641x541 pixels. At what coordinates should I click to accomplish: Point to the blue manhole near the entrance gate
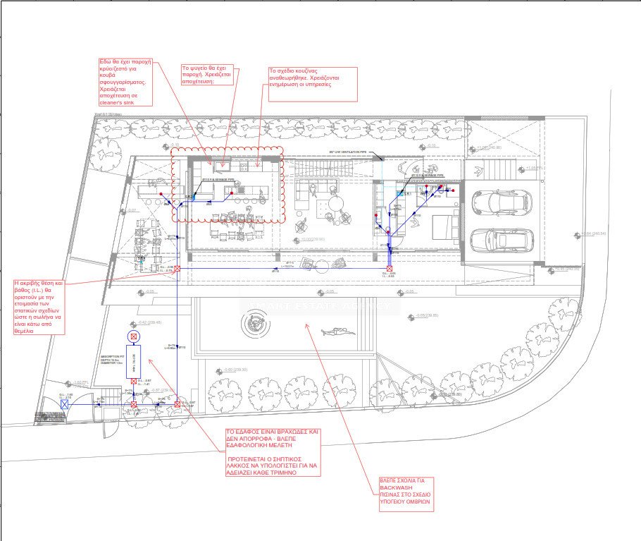pos(64,405)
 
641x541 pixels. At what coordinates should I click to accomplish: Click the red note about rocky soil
pos(271,451)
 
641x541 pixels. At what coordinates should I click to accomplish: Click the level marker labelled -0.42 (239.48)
pos(149,322)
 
